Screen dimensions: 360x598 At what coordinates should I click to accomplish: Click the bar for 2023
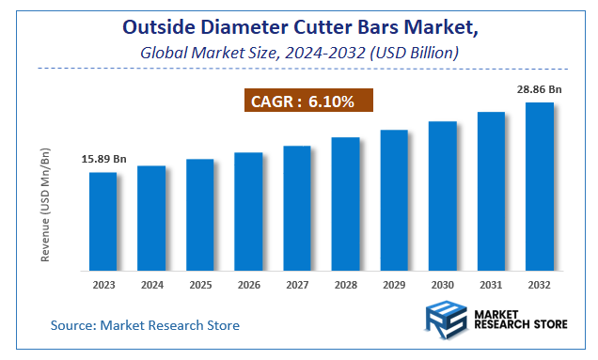click(103, 222)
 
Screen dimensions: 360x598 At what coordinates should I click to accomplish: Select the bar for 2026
click(248, 211)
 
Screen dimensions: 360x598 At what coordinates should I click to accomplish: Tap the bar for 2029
click(394, 200)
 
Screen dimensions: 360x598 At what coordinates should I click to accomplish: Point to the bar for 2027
click(297, 209)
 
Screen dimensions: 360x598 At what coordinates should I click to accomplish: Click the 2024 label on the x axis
click(151, 283)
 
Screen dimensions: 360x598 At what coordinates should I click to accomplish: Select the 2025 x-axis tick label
click(200, 283)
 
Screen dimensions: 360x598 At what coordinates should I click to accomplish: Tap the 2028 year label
click(345, 283)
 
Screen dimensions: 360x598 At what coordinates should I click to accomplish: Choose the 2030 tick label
click(442, 283)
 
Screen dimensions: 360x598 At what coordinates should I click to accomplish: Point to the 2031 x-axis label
click(491, 283)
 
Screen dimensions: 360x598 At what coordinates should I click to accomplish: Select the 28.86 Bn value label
click(539, 89)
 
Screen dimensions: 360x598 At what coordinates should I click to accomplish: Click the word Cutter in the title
click(341, 29)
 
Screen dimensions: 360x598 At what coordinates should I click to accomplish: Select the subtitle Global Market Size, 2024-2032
click(299, 54)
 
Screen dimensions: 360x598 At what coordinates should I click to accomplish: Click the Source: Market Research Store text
click(145, 325)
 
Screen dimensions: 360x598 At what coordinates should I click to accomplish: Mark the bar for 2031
click(491, 192)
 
